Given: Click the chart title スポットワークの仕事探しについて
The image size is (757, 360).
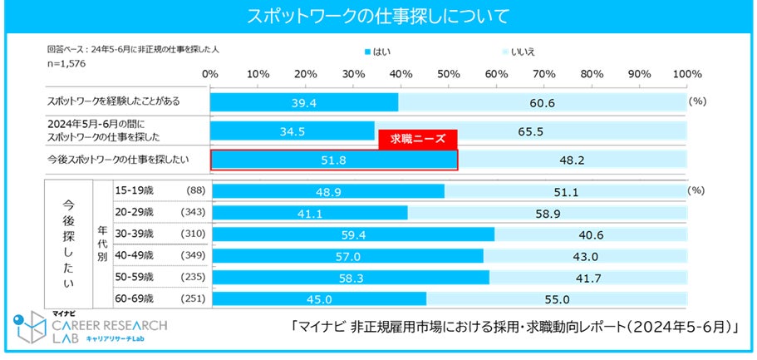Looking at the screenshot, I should point(378,16).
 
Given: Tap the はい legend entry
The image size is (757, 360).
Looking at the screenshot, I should point(378,52).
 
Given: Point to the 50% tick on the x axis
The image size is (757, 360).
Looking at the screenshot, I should point(449,74).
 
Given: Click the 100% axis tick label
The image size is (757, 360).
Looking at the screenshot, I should point(687,74).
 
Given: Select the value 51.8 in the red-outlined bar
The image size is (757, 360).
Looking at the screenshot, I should point(332,160).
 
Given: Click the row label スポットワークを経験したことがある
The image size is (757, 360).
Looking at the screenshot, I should point(115,101).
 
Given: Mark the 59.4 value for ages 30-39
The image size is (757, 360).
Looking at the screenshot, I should point(351,234).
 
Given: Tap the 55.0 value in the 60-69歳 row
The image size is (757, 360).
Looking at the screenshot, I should point(556,299).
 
